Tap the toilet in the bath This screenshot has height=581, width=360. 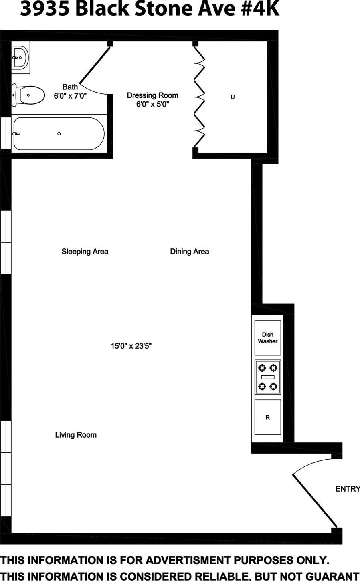pos(28,95)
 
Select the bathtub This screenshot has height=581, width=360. pos(59,133)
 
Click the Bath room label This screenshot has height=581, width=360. pos(70,87)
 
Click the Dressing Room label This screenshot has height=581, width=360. pos(152,95)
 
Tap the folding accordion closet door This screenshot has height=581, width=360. pos(199,97)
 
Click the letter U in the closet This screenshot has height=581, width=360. pos(233,97)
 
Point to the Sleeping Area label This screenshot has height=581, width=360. pos(85,252)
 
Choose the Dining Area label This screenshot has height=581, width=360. pos(189,252)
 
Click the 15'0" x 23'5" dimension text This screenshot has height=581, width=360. pos(131,346)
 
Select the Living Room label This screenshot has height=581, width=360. pos(76,435)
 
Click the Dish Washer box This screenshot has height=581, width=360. pos(267,338)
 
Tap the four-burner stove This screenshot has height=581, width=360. pos(267,377)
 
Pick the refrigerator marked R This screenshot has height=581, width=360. pos(267,417)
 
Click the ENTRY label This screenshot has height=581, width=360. pos(347,489)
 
